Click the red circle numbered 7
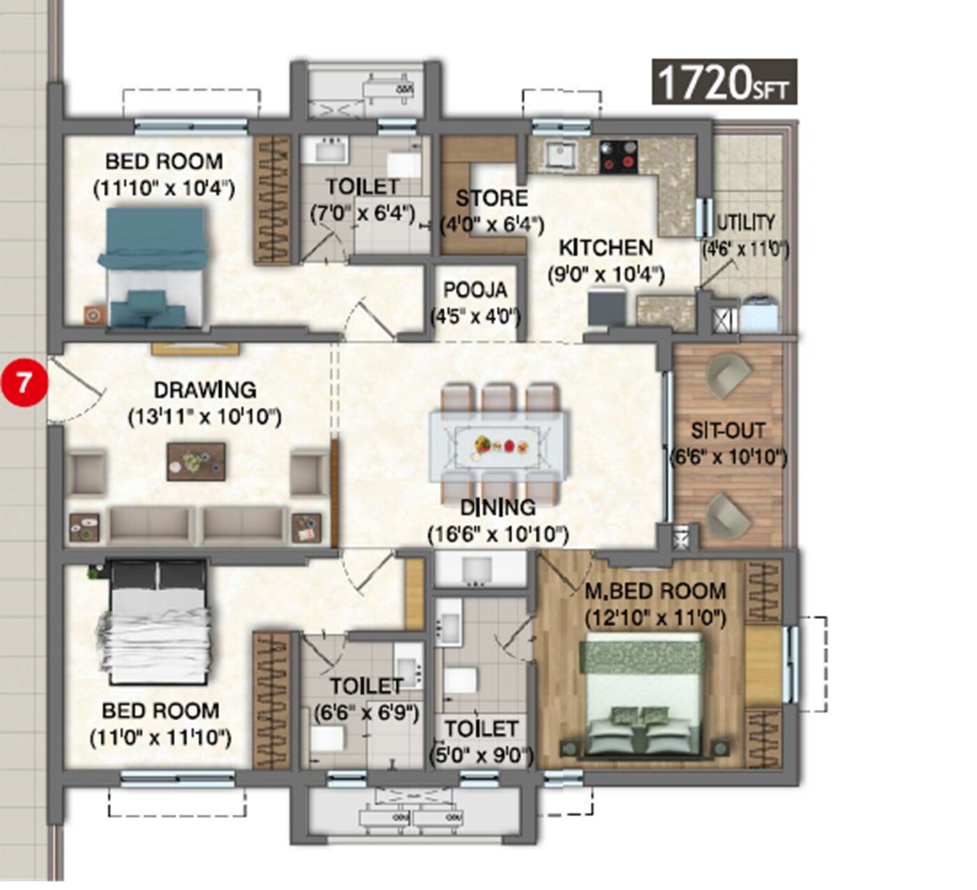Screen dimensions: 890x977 pos(24,383)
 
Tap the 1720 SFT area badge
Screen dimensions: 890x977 pos(724,82)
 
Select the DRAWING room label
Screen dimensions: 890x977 pos(204,390)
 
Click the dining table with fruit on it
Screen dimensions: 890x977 pos(499,445)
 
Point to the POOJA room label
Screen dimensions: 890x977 pos(475,290)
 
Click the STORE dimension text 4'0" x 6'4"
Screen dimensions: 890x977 pos(492,225)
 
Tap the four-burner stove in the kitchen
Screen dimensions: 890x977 pos(618,156)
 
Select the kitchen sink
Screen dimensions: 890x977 pos(560,154)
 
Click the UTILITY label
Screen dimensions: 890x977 pos(746,223)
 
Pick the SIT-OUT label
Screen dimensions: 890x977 pos(728,431)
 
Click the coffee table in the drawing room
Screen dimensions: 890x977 pos(196,461)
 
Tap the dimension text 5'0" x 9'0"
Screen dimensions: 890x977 pos(481,756)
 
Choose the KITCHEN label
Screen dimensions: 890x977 pos(605,248)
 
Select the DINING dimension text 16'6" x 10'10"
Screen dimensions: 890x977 pos(498,535)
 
